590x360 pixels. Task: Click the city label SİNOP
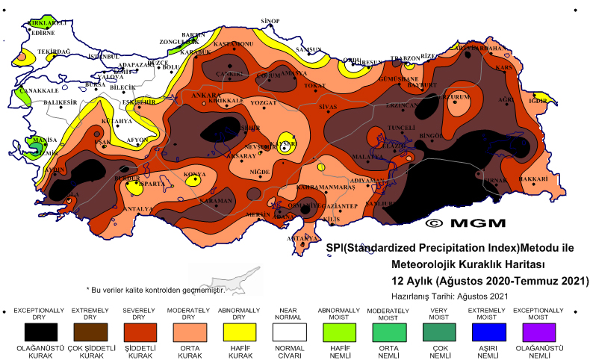270,21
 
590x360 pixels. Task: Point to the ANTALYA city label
137,208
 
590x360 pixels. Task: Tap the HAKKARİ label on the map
533,180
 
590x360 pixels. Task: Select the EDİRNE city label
43,33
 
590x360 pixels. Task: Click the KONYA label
195,174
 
